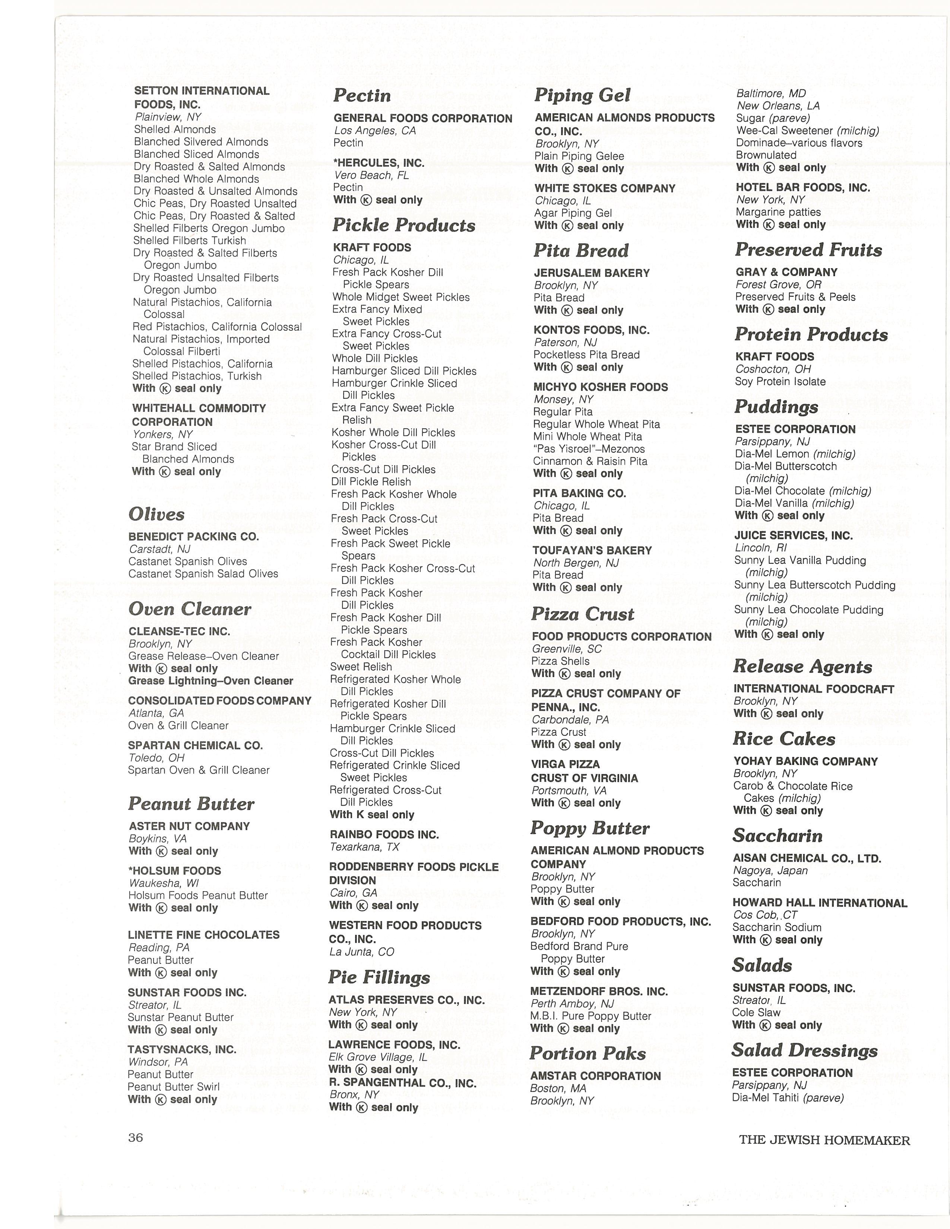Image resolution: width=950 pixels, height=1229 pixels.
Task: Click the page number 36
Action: pyautogui.click(x=136, y=1137)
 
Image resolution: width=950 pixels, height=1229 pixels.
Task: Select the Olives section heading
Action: pyautogui.click(x=156, y=514)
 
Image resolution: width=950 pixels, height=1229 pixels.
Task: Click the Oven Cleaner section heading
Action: pyautogui.click(x=190, y=609)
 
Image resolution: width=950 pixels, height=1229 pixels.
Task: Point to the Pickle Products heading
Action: pyautogui.click(x=403, y=225)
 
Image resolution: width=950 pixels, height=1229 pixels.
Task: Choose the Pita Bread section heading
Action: pyautogui.click(x=581, y=250)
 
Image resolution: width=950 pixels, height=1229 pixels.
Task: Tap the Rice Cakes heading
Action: pyautogui.click(x=783, y=739)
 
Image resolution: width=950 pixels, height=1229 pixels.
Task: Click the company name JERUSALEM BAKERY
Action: pyautogui.click(x=592, y=273)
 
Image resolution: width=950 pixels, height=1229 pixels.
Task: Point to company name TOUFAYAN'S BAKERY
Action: pyautogui.click(x=592, y=551)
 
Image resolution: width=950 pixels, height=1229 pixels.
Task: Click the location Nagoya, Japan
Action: pyautogui.click(x=770, y=871)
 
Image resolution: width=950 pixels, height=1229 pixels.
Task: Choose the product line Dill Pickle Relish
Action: pyautogui.click(x=371, y=482)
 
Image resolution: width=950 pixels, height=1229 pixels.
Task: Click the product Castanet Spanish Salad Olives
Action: pyautogui.click(x=203, y=574)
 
